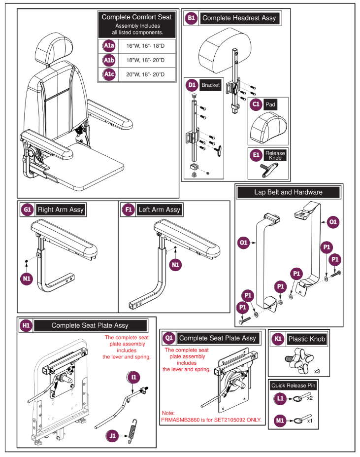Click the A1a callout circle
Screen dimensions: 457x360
(108, 46)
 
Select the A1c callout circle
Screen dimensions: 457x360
(108, 74)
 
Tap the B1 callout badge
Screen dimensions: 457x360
(191, 18)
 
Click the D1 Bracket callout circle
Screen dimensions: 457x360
(192, 85)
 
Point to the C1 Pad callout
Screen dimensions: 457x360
(256, 105)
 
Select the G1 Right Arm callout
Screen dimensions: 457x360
(27, 210)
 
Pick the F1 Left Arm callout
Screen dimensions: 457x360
(129, 210)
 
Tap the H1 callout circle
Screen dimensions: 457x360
(26, 325)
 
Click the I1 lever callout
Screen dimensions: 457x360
(134, 377)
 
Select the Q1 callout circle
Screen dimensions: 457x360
(169, 338)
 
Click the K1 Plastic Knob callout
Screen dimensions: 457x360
(278, 339)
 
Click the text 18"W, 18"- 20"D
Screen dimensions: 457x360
(144, 60)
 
